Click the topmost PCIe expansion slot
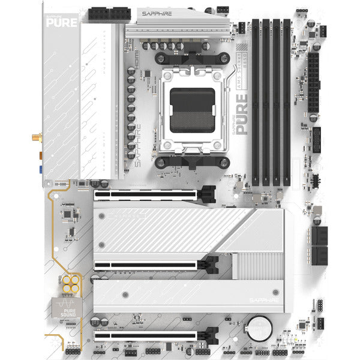coord(150,194)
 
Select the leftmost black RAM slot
coord(256,102)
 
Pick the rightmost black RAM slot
coord(287,102)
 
